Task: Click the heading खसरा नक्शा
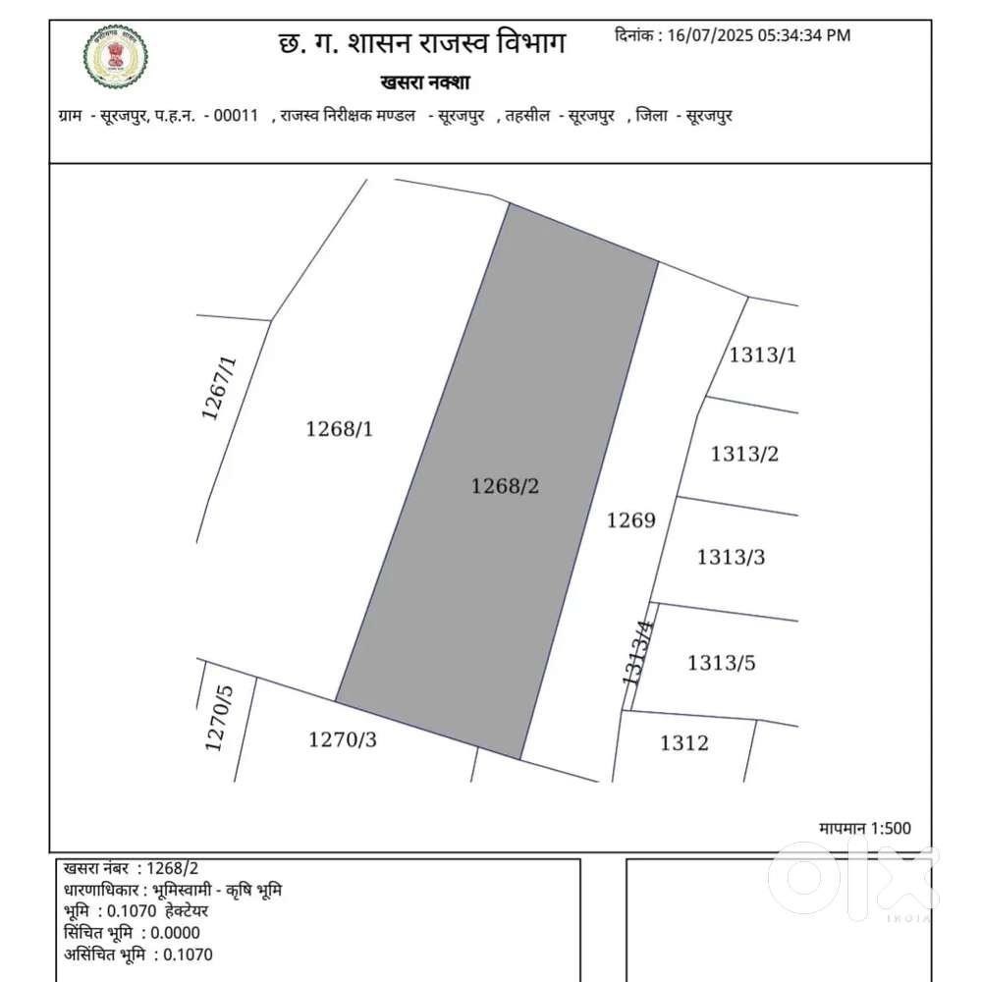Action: pos(424,82)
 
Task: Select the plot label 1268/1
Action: pos(340,429)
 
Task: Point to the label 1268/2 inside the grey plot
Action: pos(506,485)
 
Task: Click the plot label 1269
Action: pos(630,520)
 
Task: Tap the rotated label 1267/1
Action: pos(219,388)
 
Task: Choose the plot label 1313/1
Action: pos(762,355)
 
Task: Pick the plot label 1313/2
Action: pos(744,454)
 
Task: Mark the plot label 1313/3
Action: pos(731,558)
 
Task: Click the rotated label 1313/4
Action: pos(636,652)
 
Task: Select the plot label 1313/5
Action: pos(722,663)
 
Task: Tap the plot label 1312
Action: pos(683,743)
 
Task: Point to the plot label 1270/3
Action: pos(343,740)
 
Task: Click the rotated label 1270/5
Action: pos(220,718)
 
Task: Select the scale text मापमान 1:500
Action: pos(864,829)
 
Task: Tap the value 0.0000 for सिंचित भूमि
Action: pos(173,933)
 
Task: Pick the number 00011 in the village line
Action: pos(236,116)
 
